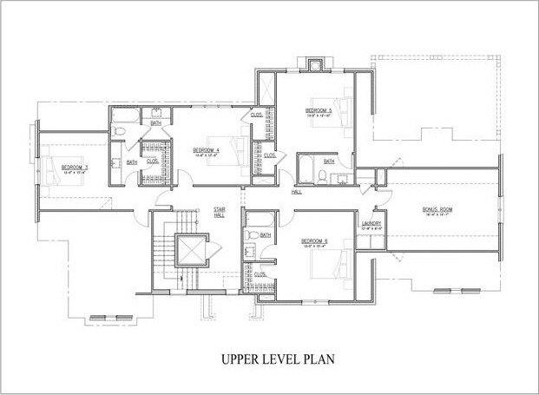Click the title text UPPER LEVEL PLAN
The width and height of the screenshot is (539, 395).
click(269, 356)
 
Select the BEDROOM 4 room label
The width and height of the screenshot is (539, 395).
click(206, 149)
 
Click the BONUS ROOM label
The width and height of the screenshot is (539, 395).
click(438, 210)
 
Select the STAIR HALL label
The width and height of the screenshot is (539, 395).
click(220, 212)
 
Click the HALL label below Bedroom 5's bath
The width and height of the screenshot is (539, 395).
click(297, 191)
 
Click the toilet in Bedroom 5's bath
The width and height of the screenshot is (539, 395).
click(322, 176)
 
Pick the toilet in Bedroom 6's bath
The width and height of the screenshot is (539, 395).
click(251, 234)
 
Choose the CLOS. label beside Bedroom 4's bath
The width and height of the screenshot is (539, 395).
click(151, 161)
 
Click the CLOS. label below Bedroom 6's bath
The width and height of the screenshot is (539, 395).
click(260, 274)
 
